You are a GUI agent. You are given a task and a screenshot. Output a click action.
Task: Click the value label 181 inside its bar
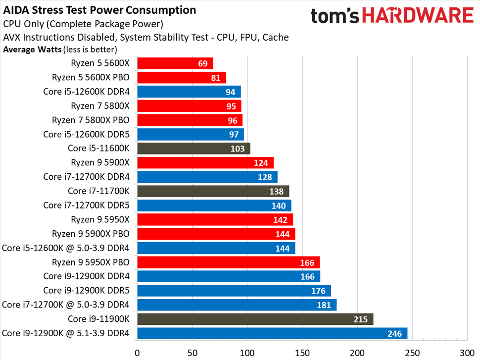(x=324, y=306)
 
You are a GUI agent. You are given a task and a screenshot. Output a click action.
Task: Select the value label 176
(x=318, y=291)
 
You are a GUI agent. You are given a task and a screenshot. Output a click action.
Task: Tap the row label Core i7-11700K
(x=98, y=191)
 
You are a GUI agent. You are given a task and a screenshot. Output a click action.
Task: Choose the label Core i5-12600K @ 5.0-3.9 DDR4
(x=66, y=248)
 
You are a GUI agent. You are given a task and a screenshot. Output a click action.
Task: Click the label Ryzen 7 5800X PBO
(x=91, y=120)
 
